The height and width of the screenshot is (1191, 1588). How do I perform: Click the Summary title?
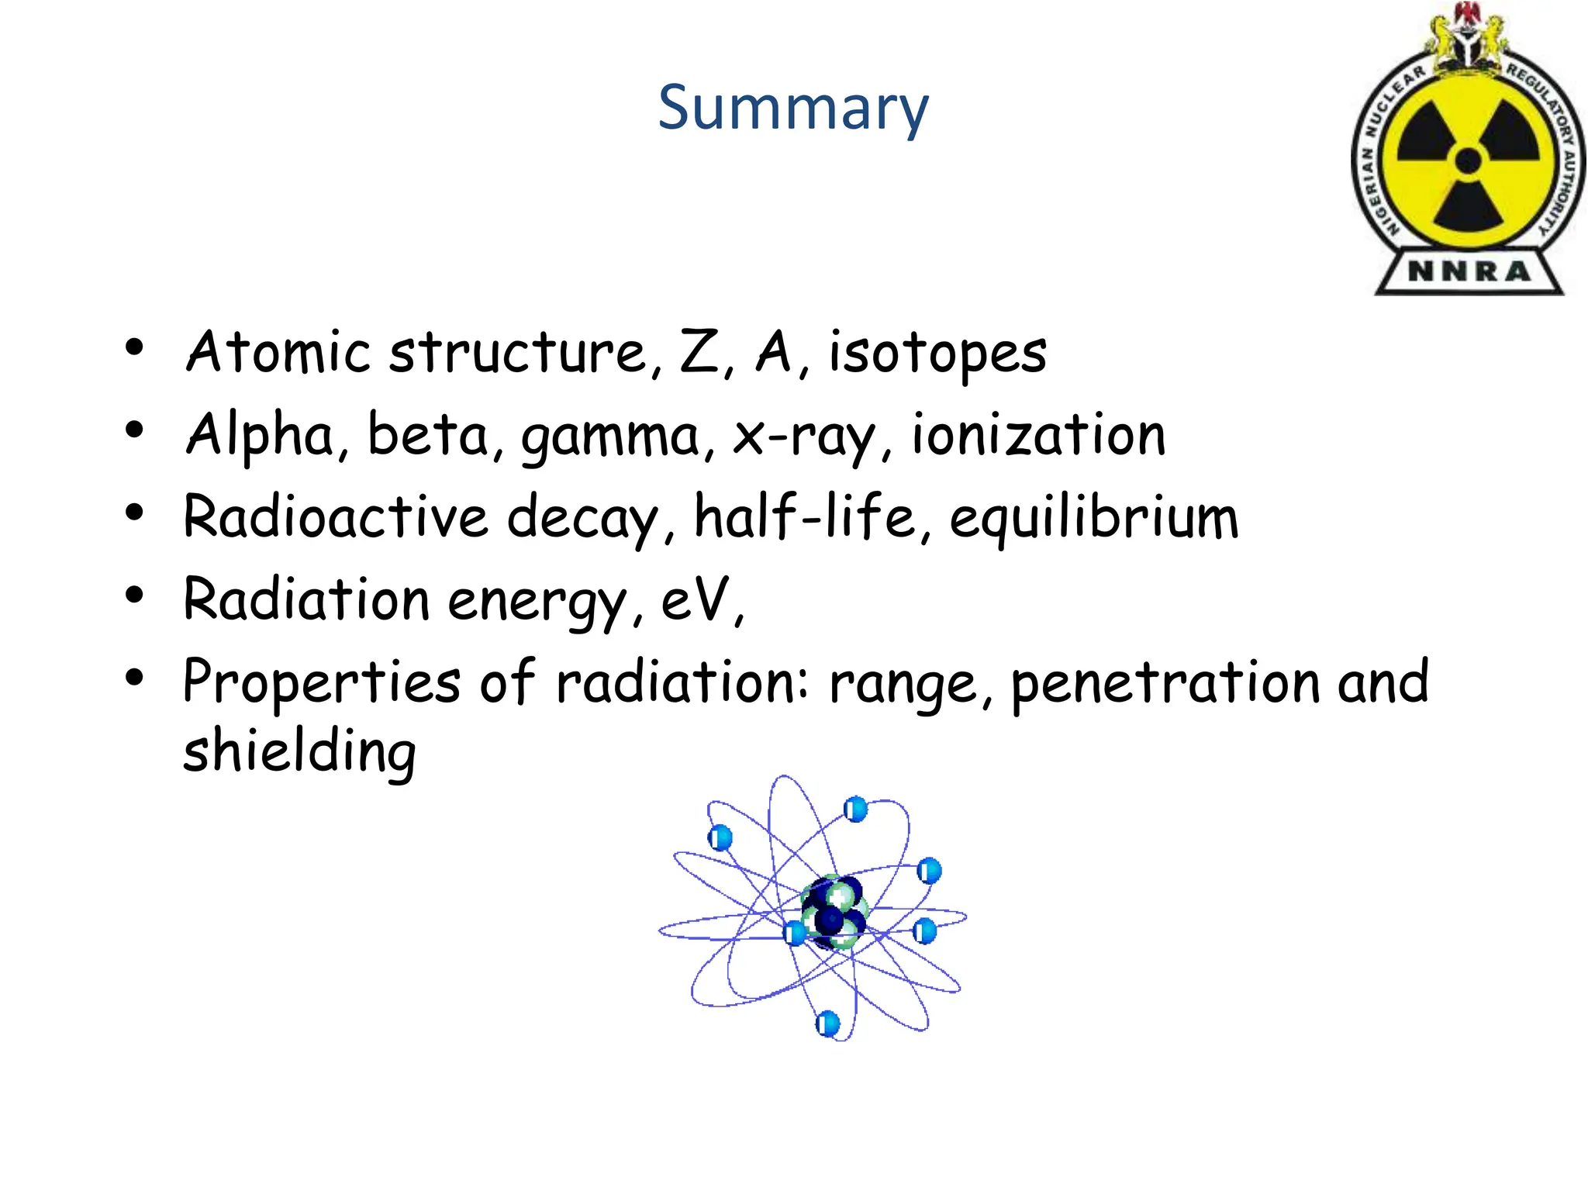(x=792, y=109)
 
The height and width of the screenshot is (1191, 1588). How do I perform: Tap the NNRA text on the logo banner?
(x=1469, y=272)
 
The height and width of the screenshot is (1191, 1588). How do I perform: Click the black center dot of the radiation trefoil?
(x=1468, y=161)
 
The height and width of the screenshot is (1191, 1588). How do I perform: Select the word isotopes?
(x=937, y=354)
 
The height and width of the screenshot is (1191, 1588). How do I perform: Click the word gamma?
(x=610, y=437)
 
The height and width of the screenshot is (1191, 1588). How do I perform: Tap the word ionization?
(x=1037, y=434)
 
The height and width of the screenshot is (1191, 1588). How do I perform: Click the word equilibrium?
(x=1093, y=518)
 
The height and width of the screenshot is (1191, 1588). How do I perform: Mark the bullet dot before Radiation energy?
(x=135, y=595)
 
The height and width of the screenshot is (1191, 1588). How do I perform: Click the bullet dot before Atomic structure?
(x=135, y=348)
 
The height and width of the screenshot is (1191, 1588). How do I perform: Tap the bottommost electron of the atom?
(x=828, y=1024)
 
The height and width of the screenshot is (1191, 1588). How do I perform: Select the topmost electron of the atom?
(x=855, y=810)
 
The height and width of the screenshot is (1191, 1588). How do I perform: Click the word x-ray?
(x=802, y=437)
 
